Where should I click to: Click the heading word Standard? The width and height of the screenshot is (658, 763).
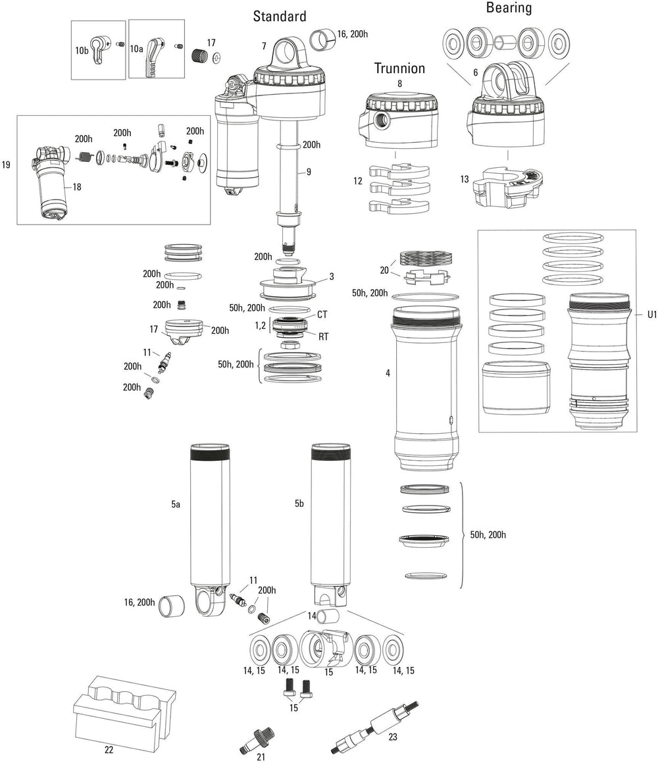click(x=280, y=16)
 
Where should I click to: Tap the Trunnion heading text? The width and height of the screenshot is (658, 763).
click(x=399, y=68)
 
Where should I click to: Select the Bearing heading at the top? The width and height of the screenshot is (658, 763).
click(x=509, y=8)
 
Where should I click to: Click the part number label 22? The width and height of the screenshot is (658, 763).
click(x=109, y=749)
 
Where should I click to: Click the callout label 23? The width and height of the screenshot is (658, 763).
click(x=393, y=737)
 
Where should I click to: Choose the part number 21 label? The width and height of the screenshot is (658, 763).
click(x=261, y=757)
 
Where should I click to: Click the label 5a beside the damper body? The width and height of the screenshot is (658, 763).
click(x=175, y=504)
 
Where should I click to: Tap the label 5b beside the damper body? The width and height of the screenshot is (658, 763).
click(x=299, y=504)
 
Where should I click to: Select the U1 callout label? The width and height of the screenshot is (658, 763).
click(x=651, y=315)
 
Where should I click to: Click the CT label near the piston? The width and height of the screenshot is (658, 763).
click(x=322, y=315)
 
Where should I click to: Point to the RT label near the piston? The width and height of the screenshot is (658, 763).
click(x=323, y=336)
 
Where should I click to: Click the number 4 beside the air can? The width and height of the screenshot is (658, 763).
click(x=388, y=373)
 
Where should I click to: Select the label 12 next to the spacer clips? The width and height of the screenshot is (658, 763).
click(x=358, y=180)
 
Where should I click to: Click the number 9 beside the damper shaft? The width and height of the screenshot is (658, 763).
click(x=309, y=172)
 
